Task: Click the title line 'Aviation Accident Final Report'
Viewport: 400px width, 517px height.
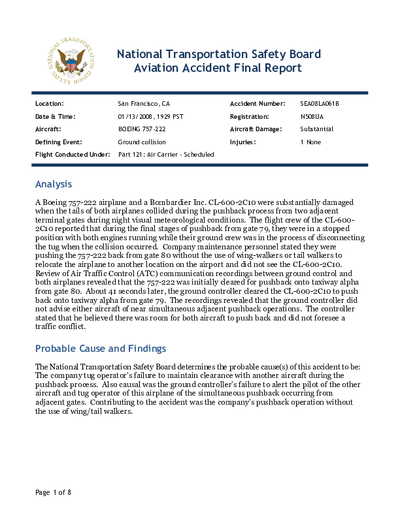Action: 218,68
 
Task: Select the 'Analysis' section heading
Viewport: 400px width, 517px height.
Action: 54,184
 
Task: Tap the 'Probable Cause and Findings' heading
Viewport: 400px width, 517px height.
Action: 100,348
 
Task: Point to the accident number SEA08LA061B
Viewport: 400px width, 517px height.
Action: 320,104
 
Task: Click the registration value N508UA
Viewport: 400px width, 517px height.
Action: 312,116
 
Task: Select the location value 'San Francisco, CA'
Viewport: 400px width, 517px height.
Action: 144,104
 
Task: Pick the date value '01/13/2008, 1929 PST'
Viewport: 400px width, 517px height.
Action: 150,116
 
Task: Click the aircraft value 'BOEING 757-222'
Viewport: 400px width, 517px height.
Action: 142,129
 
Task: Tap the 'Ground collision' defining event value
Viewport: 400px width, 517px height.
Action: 142,142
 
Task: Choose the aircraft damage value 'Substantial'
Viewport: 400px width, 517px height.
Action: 317,129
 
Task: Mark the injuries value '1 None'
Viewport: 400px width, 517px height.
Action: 310,142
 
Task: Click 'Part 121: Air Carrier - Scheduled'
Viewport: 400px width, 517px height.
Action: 166,155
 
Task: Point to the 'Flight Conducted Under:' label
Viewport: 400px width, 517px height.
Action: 73,155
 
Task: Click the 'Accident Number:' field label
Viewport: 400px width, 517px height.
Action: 258,104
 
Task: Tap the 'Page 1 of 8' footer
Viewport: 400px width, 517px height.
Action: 53,492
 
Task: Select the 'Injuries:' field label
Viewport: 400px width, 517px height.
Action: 242,142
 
